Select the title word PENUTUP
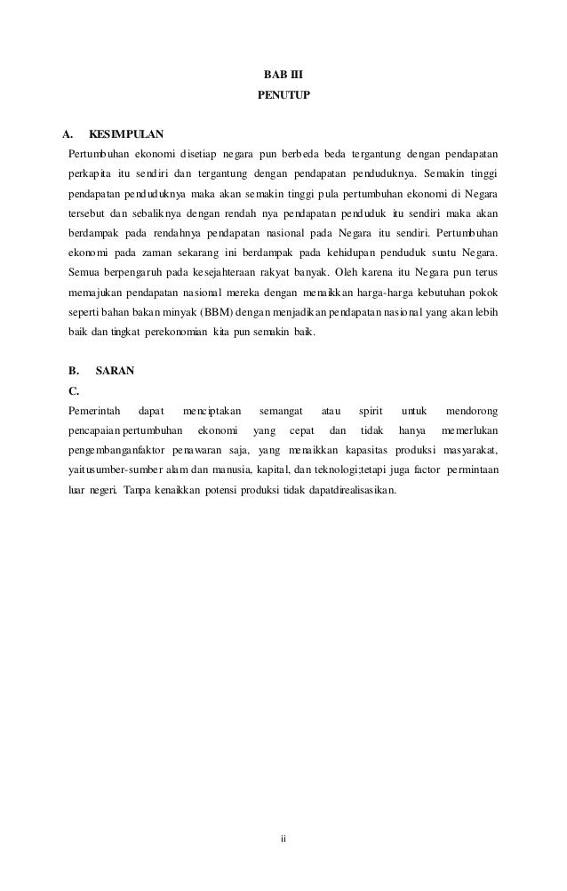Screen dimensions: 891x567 283,92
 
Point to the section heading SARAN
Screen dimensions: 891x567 115,371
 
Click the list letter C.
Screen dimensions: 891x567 74,390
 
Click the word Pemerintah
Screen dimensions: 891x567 95,411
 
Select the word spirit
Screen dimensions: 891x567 370,411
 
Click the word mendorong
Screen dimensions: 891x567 471,411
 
